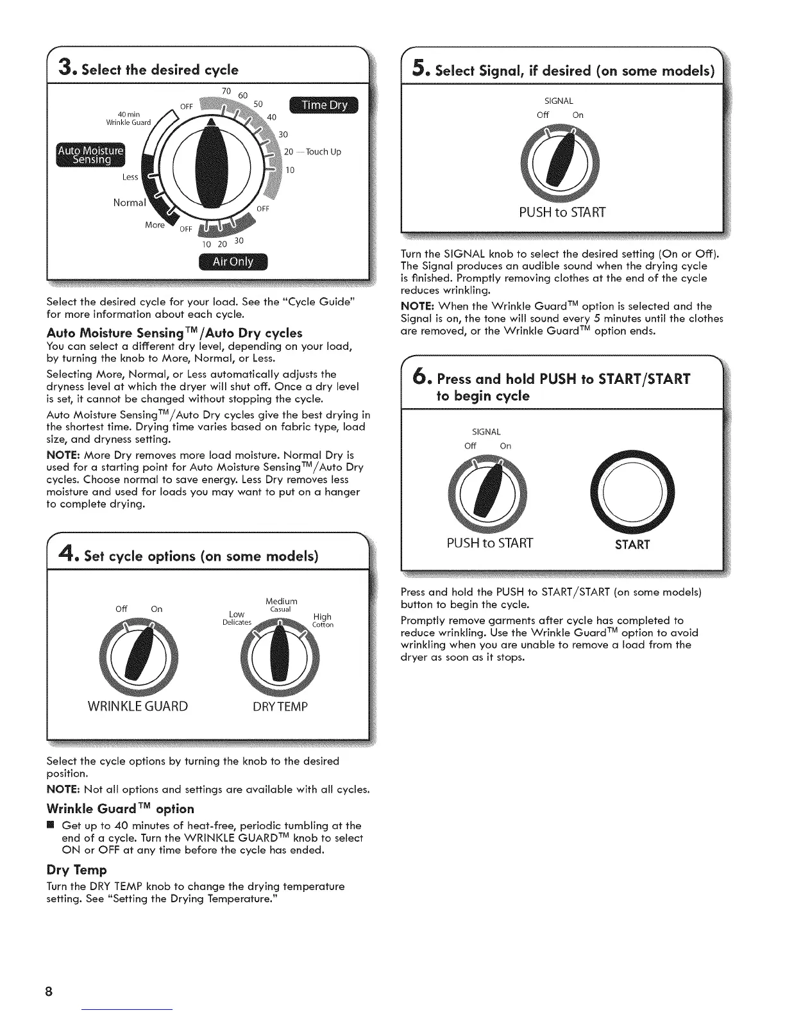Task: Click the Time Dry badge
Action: (x=325, y=106)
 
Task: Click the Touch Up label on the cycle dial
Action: (x=323, y=152)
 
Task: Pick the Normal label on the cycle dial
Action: (x=129, y=203)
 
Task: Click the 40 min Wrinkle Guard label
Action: (x=128, y=119)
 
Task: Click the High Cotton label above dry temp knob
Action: (x=322, y=620)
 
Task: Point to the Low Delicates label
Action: (x=236, y=618)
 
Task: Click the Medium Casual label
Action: (x=281, y=605)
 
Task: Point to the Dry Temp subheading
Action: (x=76, y=870)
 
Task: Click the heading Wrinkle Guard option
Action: (x=120, y=809)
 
